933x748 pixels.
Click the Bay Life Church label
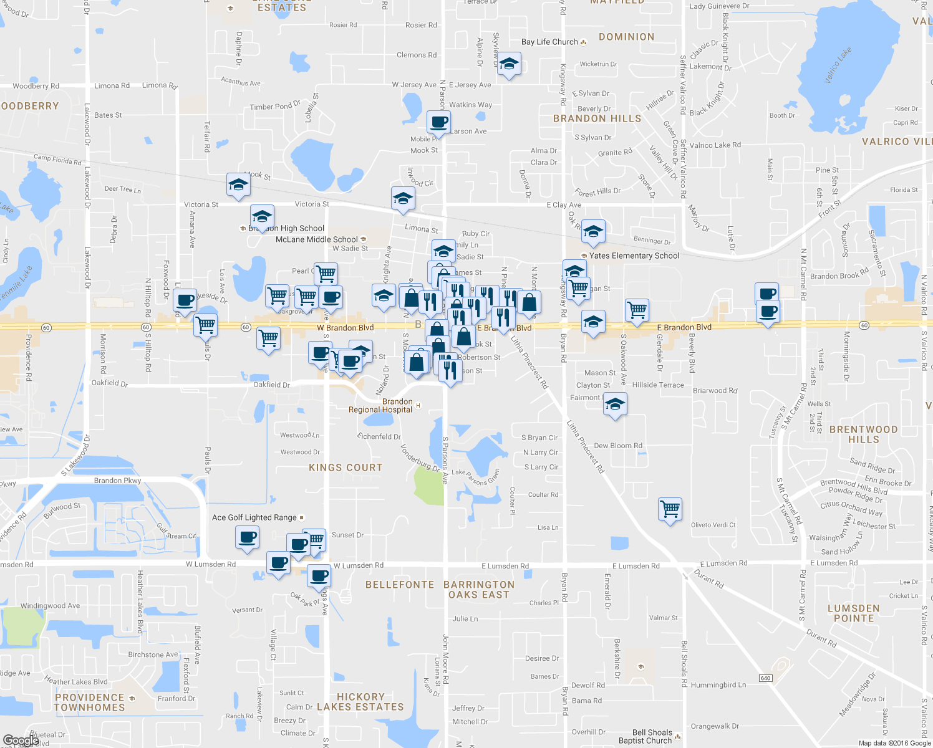coord(549,42)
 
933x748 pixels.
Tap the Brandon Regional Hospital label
coord(381,406)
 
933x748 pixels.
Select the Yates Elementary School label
coord(634,256)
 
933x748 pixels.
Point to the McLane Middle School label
coord(317,239)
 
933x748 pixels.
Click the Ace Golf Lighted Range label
coord(254,517)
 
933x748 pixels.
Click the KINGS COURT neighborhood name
coord(346,467)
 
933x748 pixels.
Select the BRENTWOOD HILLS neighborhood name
coord(863,434)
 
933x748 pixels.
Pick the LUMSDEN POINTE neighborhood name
coord(853,613)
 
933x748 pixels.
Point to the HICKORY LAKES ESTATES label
coord(360,702)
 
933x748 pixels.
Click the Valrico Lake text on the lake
coord(837,65)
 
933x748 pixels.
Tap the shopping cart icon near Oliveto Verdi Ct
coord(670,509)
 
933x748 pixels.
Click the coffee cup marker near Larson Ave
coord(438,122)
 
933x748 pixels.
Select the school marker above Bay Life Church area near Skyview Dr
coord(509,64)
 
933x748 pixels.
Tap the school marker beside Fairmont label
coord(615,405)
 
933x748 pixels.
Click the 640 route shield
coord(766,678)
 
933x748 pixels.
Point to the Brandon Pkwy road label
coord(117,481)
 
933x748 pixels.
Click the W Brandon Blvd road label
coord(345,328)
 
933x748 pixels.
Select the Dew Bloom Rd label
coord(617,446)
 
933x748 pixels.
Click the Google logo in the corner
coord(21,741)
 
